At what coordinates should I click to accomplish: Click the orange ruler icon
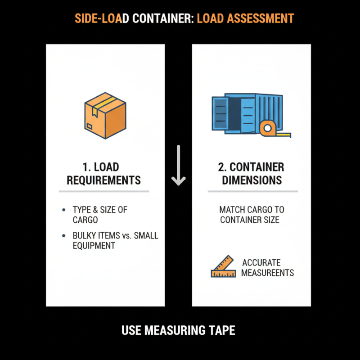coord(223,267)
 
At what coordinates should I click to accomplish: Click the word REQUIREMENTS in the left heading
coord(104,180)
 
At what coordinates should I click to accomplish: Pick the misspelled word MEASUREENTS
coord(267,273)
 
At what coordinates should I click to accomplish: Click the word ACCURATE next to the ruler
coord(261,262)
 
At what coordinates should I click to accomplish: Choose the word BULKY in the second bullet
coord(84,236)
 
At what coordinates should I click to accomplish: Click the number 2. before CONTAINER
coord(222,167)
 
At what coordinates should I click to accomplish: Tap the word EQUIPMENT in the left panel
coord(94,246)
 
